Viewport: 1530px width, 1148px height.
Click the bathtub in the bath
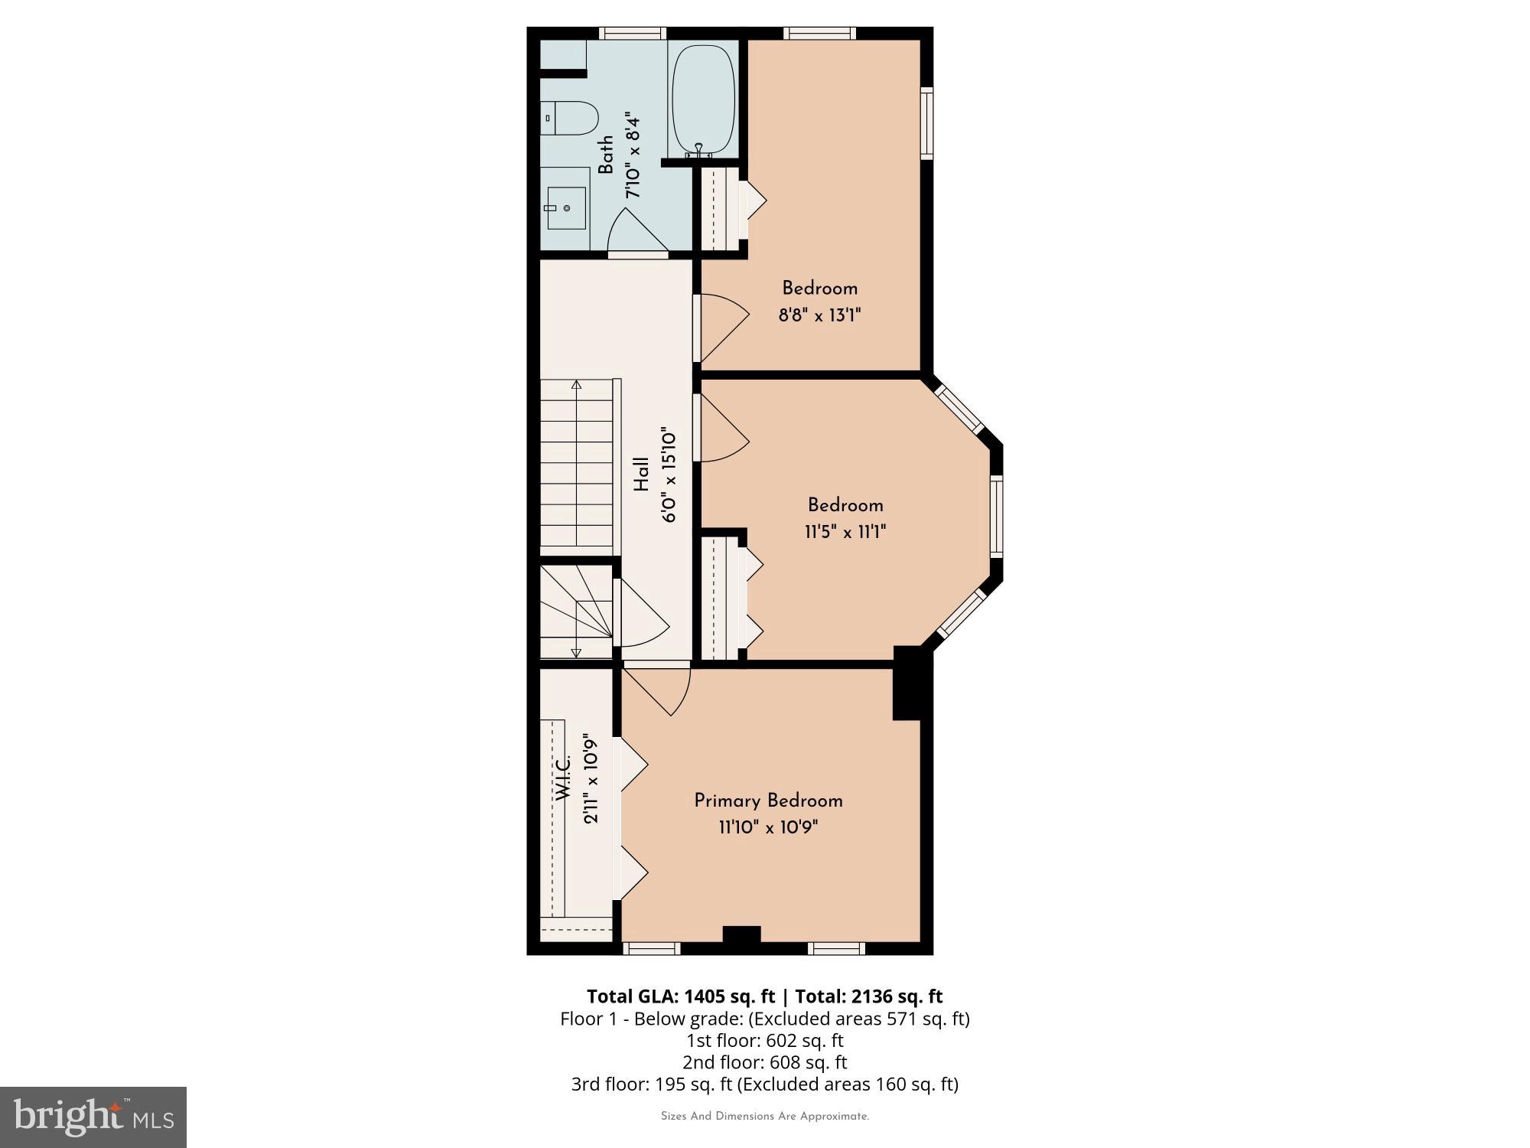click(703, 99)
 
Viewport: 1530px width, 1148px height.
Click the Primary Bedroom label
click(768, 801)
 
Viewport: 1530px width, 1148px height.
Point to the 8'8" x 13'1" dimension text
click(819, 315)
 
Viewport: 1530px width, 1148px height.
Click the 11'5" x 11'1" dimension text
click(845, 532)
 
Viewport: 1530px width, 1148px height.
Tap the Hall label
click(641, 475)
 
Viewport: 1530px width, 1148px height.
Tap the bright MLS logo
click(93, 1117)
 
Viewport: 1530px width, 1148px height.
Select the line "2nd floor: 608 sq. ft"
click(764, 1062)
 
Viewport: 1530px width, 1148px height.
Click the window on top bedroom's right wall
click(926, 123)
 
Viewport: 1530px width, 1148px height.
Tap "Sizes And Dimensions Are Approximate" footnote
click(764, 1117)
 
